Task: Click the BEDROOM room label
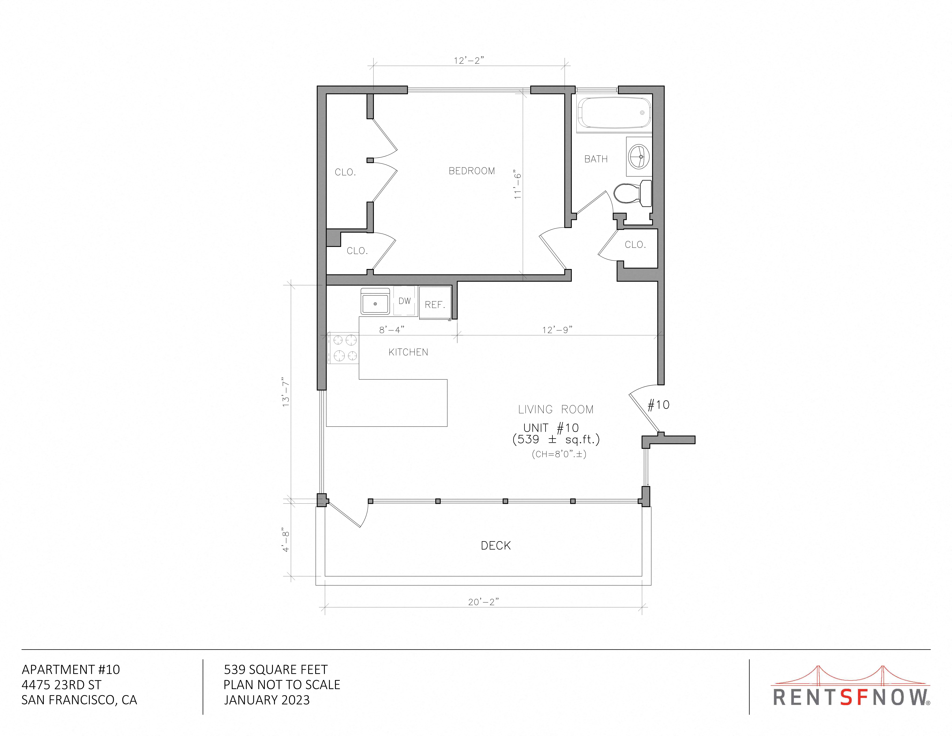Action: click(472, 171)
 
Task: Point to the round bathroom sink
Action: click(639, 155)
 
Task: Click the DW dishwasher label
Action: click(404, 301)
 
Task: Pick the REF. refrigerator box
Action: click(435, 303)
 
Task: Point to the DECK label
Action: click(496, 546)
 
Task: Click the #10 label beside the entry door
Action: click(658, 405)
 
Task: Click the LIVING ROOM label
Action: click(556, 409)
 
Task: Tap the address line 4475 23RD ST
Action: click(61, 685)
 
